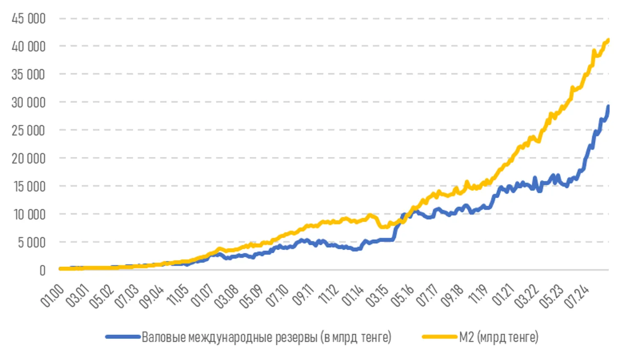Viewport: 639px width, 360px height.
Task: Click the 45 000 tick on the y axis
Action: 28,19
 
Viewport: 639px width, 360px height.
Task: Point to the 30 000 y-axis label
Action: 28,102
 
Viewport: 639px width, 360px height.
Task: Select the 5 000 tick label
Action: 31,242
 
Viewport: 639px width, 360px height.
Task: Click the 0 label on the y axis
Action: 42,270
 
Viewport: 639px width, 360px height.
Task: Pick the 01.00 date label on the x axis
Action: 52,295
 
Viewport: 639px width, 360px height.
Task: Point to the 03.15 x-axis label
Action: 377,295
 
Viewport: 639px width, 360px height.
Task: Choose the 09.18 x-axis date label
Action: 452,295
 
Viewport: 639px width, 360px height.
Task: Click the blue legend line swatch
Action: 123,337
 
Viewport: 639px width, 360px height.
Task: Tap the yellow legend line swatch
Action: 439,337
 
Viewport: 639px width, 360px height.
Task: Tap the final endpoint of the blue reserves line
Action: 608,106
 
